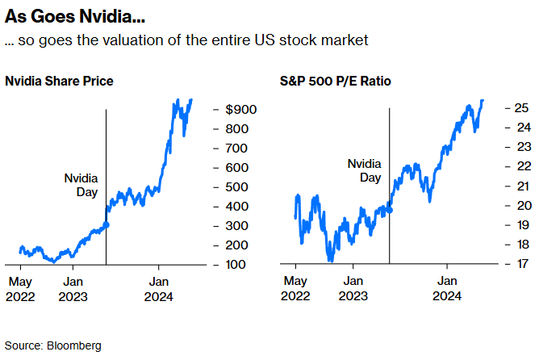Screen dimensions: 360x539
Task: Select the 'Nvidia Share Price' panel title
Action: point(59,82)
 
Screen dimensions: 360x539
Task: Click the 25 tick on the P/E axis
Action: point(521,107)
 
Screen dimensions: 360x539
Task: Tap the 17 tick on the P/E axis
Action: point(521,264)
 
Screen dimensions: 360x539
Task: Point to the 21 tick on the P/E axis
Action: point(521,186)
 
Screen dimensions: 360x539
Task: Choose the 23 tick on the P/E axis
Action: point(521,146)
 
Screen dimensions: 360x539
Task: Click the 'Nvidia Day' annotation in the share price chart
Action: point(81,185)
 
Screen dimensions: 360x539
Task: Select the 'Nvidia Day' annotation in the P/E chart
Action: point(365,170)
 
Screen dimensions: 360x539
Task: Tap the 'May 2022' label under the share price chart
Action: point(20,289)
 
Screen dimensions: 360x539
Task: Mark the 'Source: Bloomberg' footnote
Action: point(53,345)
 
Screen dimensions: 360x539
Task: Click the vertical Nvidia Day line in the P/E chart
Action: point(390,234)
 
